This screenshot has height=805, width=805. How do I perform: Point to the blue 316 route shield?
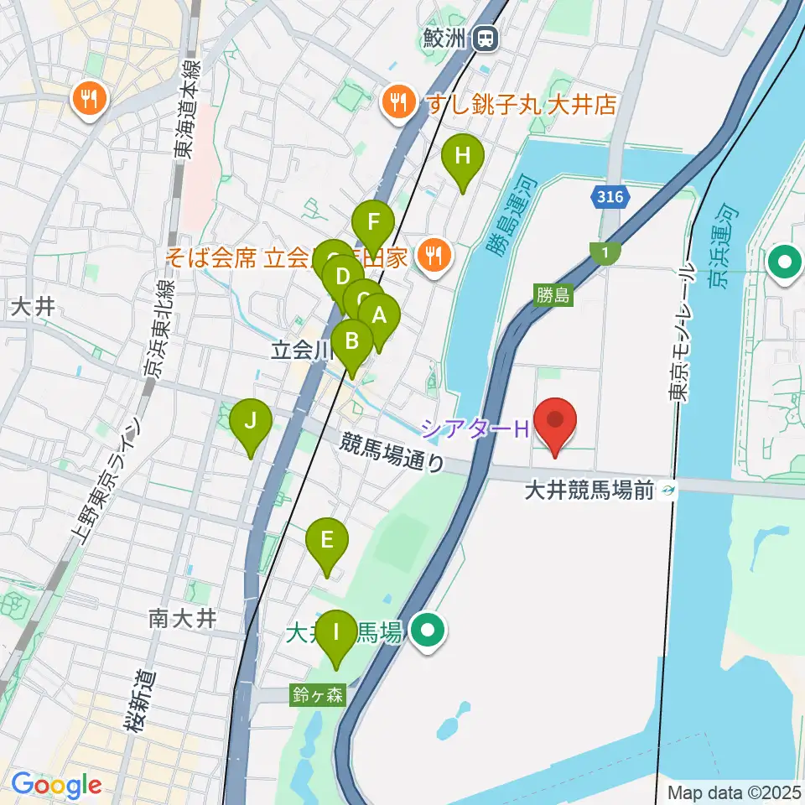(611, 197)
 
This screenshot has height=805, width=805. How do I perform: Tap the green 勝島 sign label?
(553, 295)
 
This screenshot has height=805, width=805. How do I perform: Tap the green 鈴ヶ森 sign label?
(318, 694)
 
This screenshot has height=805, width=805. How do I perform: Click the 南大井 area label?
(183, 620)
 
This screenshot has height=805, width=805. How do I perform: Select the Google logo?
(57, 786)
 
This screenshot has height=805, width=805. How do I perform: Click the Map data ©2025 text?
(733, 791)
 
